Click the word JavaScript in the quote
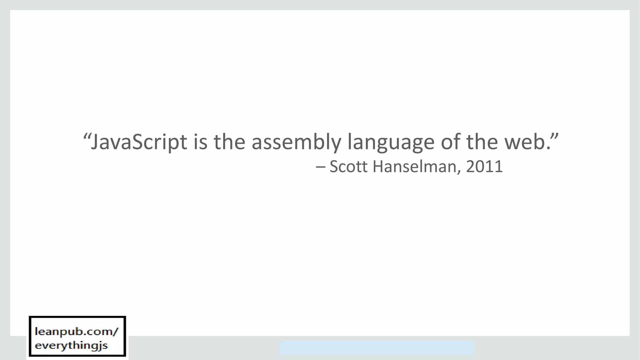pos(139,142)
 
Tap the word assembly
pos(296,142)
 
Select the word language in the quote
pos(391,142)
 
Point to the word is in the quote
pos(200,142)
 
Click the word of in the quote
pos(450,142)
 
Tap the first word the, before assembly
pos(229,142)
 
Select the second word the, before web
pos(482,142)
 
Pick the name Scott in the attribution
pos(348,167)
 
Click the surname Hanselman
pos(415,167)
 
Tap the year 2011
pos(484,167)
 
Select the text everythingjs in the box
pos(71,346)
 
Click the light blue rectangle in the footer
pos(376,348)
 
